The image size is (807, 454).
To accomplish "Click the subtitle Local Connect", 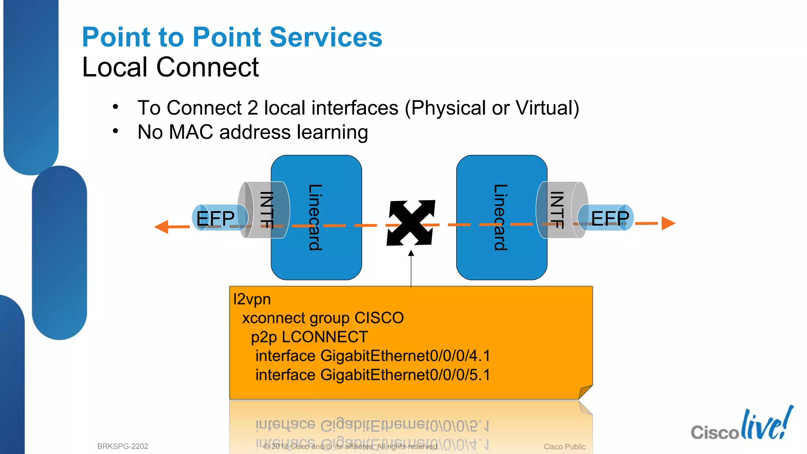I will (x=170, y=67).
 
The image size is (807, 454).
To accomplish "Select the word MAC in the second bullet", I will (x=191, y=132).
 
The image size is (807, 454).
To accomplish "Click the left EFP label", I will (x=215, y=218).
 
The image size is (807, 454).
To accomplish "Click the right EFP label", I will (x=610, y=218).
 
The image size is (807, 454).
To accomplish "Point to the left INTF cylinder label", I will (x=267, y=210).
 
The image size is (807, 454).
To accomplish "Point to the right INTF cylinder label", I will (x=556, y=210).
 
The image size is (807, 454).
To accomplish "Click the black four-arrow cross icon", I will (x=411, y=223).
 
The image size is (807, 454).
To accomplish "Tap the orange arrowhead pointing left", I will (x=162, y=227).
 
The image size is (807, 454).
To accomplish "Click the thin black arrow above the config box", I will (x=411, y=268).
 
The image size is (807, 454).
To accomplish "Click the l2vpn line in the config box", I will (x=252, y=300).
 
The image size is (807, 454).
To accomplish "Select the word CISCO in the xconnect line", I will (x=379, y=318).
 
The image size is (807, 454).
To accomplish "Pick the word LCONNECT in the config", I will (x=325, y=337).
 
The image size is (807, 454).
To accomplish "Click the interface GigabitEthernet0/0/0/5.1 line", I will (x=372, y=375).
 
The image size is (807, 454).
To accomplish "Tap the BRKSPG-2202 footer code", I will (x=123, y=446).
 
